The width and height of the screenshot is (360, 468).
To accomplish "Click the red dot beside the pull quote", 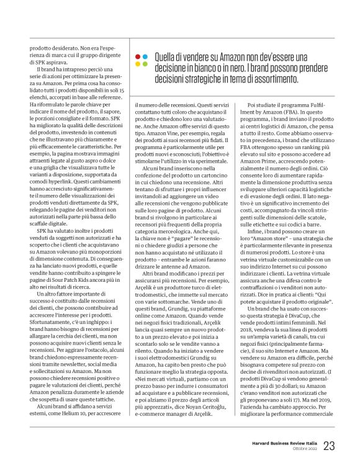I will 137,56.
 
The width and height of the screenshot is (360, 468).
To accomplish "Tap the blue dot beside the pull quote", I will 144,56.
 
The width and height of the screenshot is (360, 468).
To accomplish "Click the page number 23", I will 330,446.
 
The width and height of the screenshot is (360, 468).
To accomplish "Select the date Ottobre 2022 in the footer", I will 301,449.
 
